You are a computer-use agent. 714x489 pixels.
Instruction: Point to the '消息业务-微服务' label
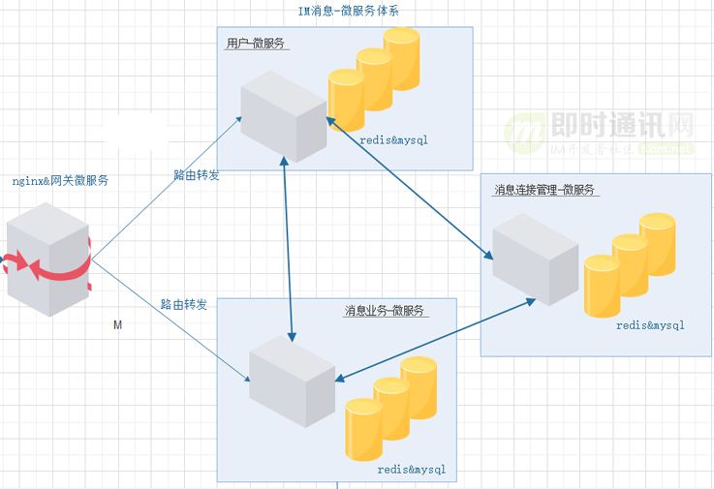coord(387,311)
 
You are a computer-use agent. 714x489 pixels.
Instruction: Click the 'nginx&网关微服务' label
coord(60,181)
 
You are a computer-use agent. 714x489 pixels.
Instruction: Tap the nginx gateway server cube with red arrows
coord(48,264)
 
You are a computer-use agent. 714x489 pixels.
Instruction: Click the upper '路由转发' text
coord(197,174)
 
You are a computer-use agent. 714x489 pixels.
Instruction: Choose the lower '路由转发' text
coord(184,304)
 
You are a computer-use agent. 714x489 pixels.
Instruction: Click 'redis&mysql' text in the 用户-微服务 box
coord(393,140)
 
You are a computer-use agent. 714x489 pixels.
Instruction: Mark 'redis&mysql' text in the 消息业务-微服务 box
coord(411,470)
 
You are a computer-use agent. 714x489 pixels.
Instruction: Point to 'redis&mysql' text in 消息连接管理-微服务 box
coord(650,325)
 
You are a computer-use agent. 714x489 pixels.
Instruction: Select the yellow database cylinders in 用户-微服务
coord(374,81)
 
